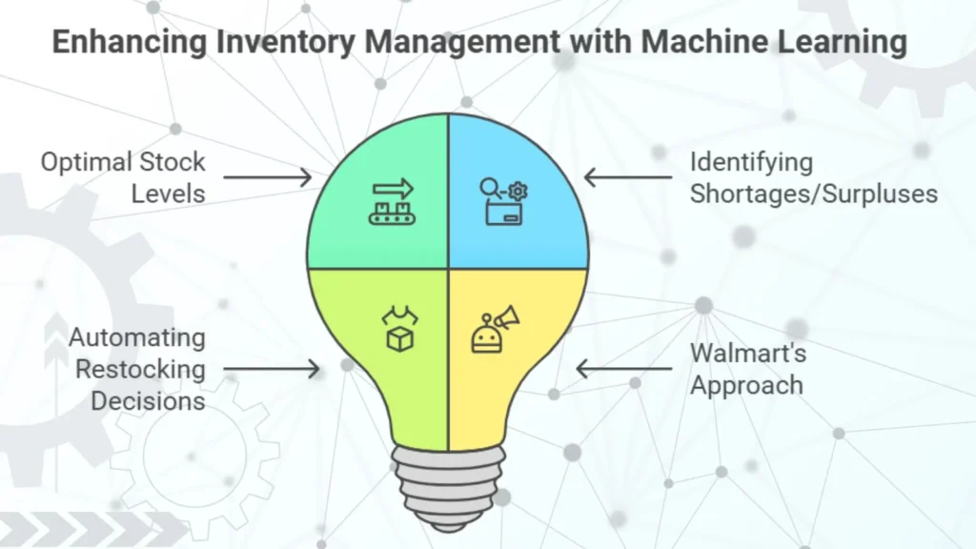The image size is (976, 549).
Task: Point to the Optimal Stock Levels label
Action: [122, 177]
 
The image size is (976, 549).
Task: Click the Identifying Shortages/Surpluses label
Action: [813, 177]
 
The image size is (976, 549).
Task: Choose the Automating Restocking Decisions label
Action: [136, 369]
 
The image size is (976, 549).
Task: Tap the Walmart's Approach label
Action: [748, 369]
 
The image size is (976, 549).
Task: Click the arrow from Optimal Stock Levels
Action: [268, 176]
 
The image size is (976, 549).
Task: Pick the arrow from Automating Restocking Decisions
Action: [271, 369]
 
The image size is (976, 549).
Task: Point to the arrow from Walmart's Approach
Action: [623, 368]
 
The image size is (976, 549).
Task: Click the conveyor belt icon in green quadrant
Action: [394, 201]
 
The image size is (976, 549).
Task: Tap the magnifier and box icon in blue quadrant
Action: [503, 201]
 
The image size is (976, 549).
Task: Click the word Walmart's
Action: [748, 354]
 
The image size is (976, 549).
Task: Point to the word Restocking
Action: [141, 369]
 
